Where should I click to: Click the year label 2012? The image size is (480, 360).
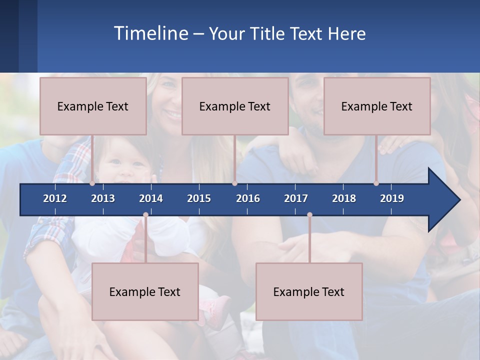pyautogui.click(x=55, y=198)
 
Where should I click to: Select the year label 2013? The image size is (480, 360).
pyautogui.click(x=103, y=198)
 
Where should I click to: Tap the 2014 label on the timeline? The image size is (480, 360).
pyautogui.click(x=151, y=198)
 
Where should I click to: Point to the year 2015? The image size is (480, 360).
pyautogui.click(x=199, y=198)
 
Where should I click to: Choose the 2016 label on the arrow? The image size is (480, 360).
pyautogui.click(x=248, y=198)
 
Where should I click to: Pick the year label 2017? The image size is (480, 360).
pyautogui.click(x=296, y=198)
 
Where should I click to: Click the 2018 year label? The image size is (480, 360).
pyautogui.click(x=344, y=198)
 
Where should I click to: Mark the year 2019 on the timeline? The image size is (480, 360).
pyautogui.click(x=392, y=198)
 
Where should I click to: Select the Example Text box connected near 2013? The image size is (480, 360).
pyautogui.click(x=93, y=106)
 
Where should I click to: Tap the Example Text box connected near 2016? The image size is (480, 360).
pyautogui.click(x=235, y=106)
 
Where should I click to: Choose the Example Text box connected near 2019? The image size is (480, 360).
pyautogui.click(x=377, y=106)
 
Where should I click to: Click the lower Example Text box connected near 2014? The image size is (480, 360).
pyautogui.click(x=145, y=291)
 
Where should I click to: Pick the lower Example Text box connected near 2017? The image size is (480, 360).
pyautogui.click(x=309, y=291)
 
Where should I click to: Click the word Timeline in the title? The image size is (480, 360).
pyautogui.click(x=150, y=33)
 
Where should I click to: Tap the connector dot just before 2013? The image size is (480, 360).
pyautogui.click(x=92, y=183)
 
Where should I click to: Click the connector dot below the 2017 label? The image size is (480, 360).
pyautogui.click(x=309, y=215)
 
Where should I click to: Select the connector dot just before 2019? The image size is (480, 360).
pyautogui.click(x=376, y=183)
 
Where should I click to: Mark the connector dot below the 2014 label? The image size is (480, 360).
pyautogui.click(x=145, y=215)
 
